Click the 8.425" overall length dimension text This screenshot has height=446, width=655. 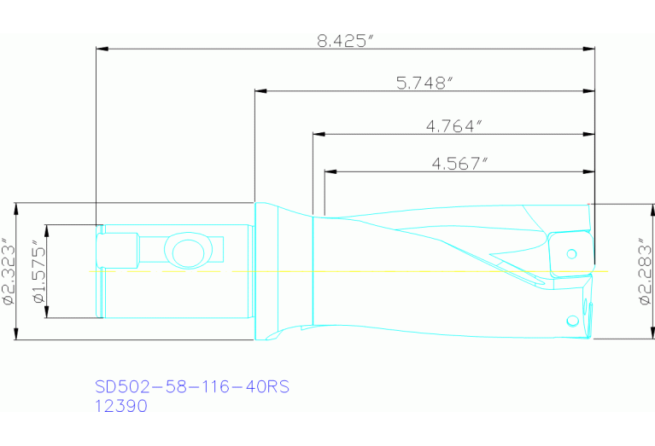pos(347,41)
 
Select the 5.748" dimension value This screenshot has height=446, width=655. pos(424,83)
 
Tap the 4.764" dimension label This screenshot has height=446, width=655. pos(454,126)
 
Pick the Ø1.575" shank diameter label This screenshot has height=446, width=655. pos(37,271)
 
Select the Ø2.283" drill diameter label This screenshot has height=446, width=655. pos(646,271)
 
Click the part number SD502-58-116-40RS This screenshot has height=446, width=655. pos(192,387)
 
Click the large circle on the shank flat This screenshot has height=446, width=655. pos(185,253)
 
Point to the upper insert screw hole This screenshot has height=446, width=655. pos(572,252)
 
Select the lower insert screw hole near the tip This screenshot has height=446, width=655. pos(571,321)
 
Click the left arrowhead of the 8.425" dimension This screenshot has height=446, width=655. pos(102,49)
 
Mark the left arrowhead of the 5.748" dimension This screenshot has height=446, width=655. pos(260,90)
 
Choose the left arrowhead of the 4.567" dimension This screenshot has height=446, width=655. pos(330,171)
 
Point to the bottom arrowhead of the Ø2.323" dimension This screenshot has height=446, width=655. pos(19,334)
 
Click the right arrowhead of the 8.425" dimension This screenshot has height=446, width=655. pos(589,49)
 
